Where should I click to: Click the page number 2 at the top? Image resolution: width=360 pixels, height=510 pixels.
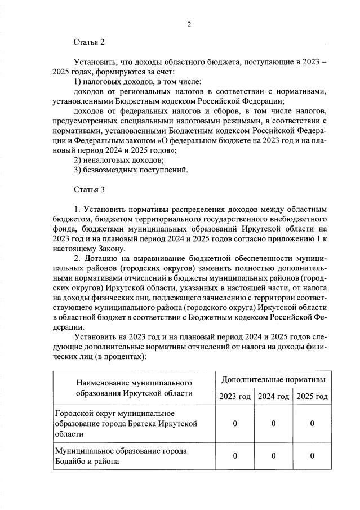tap(189, 24)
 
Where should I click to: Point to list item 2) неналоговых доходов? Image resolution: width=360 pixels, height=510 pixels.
tap(115, 160)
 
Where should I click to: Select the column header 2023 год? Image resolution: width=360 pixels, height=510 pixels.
tap(235, 397)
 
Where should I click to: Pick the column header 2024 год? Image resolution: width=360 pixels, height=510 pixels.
tap(273, 397)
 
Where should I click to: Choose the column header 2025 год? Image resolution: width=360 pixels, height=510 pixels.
tap(312, 397)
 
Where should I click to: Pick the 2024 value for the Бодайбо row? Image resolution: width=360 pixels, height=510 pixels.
tap(273, 456)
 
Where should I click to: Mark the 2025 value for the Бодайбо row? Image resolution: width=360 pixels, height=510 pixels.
tap(312, 456)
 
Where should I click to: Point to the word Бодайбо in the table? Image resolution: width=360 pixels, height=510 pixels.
tap(72, 462)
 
